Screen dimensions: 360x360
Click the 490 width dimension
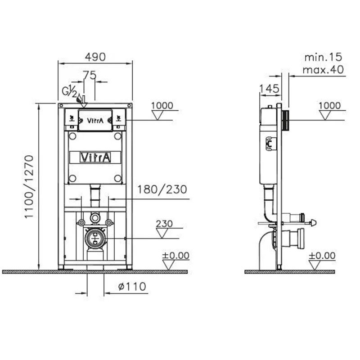(x=95, y=57)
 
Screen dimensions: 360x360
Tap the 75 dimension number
(x=89, y=75)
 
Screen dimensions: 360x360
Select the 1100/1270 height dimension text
(x=29, y=187)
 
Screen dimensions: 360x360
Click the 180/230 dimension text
(x=162, y=189)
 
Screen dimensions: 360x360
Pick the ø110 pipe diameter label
(x=132, y=287)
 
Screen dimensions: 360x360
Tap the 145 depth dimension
(x=269, y=89)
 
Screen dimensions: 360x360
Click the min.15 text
(x=323, y=57)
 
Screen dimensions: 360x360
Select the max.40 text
(x=323, y=69)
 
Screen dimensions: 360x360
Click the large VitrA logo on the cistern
(x=95, y=157)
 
